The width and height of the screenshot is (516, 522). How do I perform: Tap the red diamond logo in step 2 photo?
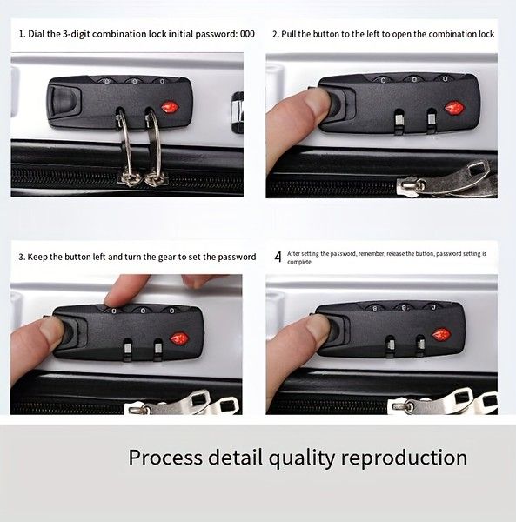(x=453, y=108)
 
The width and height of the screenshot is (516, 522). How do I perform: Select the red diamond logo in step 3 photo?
(x=179, y=338)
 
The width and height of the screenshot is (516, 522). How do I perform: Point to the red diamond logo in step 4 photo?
(x=441, y=335)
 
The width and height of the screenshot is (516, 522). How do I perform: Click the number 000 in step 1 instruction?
(x=247, y=34)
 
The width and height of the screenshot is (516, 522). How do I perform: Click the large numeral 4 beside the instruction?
(x=278, y=257)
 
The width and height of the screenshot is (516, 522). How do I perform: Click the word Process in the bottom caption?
(x=165, y=458)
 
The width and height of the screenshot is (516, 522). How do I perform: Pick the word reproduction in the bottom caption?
(x=404, y=458)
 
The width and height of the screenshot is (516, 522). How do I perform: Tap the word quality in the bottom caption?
(x=301, y=458)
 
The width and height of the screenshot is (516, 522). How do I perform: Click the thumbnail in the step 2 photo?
(x=316, y=104)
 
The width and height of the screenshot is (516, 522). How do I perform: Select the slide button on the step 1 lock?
(x=65, y=100)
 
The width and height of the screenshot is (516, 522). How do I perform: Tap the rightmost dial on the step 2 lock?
(x=445, y=79)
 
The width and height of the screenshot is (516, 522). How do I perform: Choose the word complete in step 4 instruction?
(x=299, y=263)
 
